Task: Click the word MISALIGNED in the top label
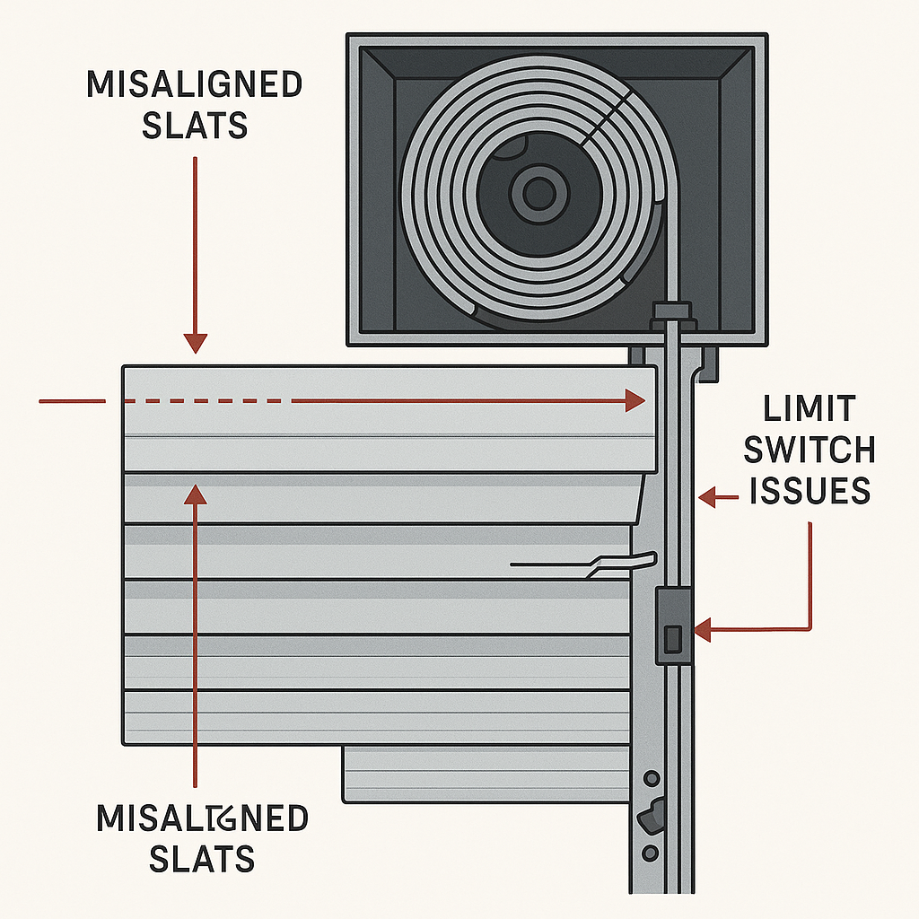(x=194, y=85)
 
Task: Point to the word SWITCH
(x=810, y=450)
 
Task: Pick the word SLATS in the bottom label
(x=201, y=859)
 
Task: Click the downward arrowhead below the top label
(x=195, y=343)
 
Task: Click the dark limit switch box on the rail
(x=674, y=626)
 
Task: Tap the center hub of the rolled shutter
(x=538, y=191)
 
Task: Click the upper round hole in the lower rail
(x=651, y=777)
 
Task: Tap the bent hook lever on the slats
(x=619, y=564)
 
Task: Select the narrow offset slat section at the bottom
(x=486, y=774)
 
